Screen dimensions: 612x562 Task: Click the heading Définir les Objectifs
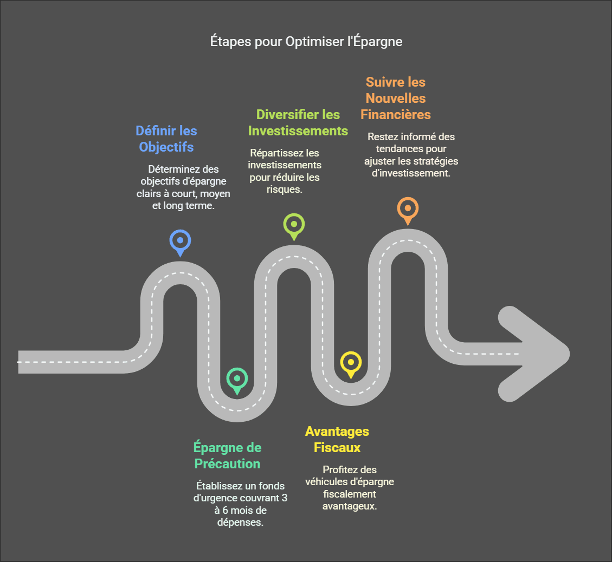pos(166,139)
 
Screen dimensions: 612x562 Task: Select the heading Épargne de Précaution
pos(228,455)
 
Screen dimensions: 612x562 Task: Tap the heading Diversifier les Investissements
pos(298,122)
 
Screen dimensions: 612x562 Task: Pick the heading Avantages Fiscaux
pos(337,439)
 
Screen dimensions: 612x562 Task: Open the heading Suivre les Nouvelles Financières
pos(396,98)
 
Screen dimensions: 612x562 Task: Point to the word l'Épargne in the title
pos(375,41)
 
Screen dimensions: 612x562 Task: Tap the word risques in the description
pos(284,190)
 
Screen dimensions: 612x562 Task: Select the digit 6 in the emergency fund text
pos(225,510)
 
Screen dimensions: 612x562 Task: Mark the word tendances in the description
pos(399,149)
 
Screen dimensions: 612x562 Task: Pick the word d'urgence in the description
pos(215,498)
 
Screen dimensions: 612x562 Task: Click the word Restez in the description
pos(380,137)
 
